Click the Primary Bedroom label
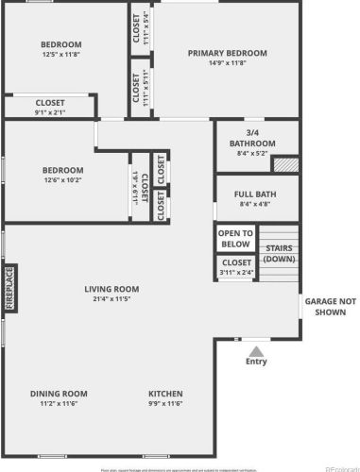pyautogui.click(x=227, y=53)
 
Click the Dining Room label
pyautogui.click(x=59, y=394)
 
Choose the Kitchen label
pyautogui.click(x=165, y=394)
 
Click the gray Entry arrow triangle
pyautogui.click(x=255, y=350)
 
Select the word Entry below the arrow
pyautogui.click(x=256, y=362)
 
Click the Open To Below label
pyautogui.click(x=235, y=238)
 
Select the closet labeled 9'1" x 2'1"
pyautogui.click(x=50, y=103)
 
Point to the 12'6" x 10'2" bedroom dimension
pyautogui.click(x=62, y=181)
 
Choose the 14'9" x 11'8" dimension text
pyautogui.click(x=227, y=63)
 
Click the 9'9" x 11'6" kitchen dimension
pyautogui.click(x=165, y=404)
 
